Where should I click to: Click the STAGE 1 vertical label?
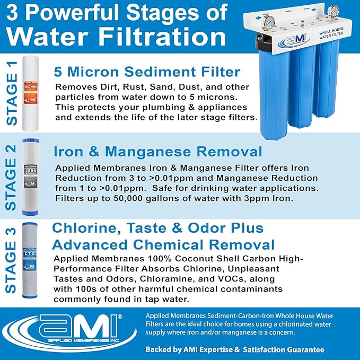tap(12, 93)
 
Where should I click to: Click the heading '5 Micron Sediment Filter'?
tap(147, 72)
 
